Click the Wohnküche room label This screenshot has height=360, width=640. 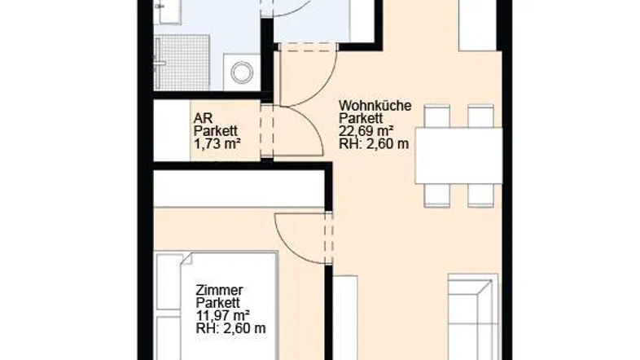tap(375, 105)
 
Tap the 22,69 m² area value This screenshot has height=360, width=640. tap(366, 131)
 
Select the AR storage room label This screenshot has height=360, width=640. tap(203, 118)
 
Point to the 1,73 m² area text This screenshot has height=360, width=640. tap(217, 143)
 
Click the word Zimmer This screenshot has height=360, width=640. tap(219, 290)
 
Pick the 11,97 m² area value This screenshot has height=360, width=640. tap(222, 315)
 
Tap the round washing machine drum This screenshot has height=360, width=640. tap(242, 72)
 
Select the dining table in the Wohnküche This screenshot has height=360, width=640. tap(458, 156)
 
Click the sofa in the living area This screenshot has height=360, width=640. tap(472, 317)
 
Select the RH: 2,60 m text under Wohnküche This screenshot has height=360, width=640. tap(374, 144)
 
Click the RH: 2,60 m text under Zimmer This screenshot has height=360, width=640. tap(230, 328)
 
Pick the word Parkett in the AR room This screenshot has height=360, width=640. tap(216, 131)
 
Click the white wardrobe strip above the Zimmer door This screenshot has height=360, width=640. tap(239, 189)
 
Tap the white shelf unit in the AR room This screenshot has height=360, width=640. tap(172, 130)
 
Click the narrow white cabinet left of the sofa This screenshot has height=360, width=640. tap(345, 318)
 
